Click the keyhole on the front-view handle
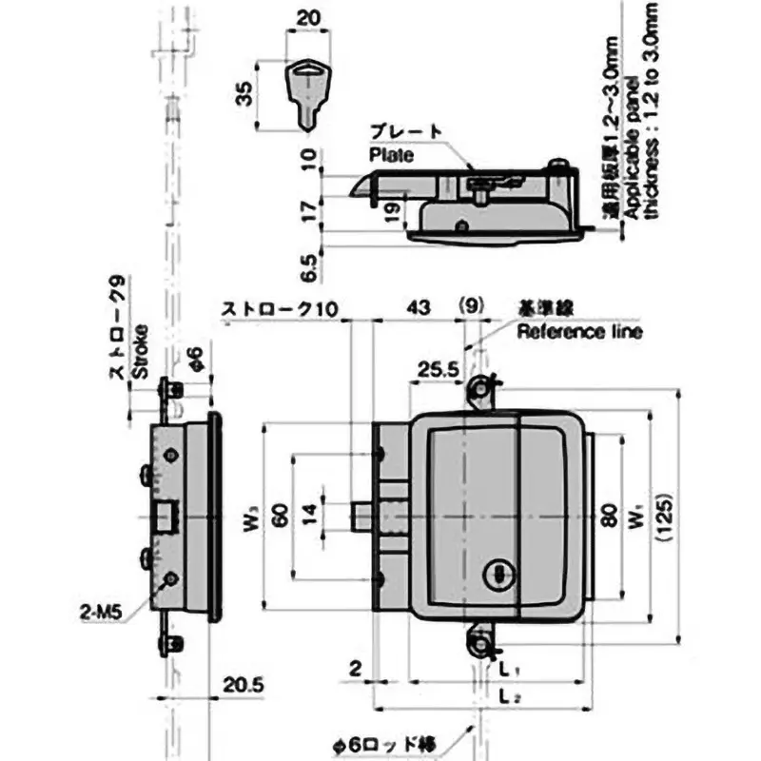(x=497, y=574)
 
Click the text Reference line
(x=579, y=332)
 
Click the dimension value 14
(x=308, y=517)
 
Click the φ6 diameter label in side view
(x=193, y=359)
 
